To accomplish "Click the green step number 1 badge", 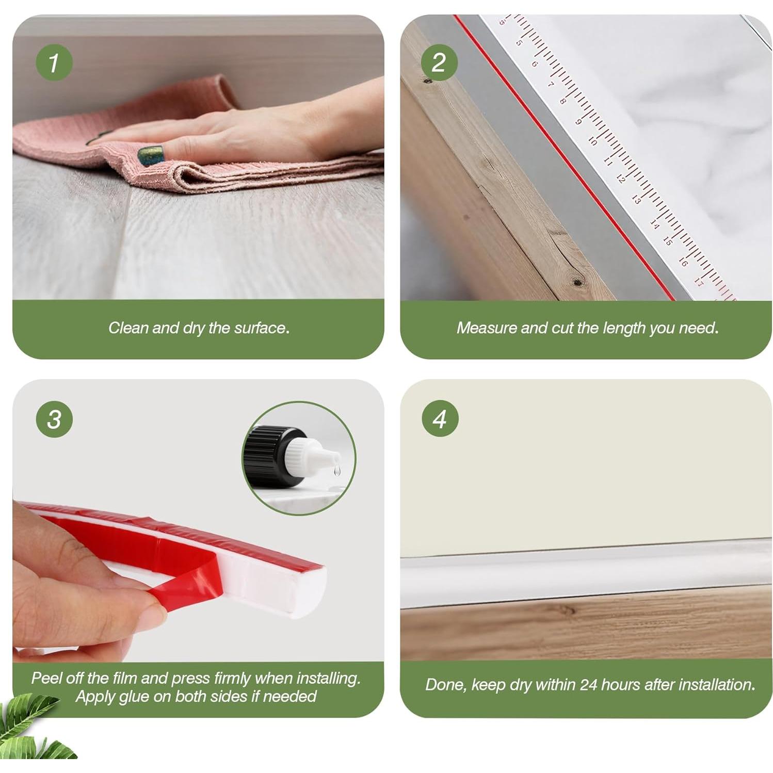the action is (x=54, y=63).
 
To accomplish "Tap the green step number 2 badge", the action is (x=439, y=63).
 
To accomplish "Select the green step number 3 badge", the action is (x=54, y=419).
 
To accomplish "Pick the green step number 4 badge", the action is (x=440, y=418).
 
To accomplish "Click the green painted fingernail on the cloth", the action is (x=151, y=155).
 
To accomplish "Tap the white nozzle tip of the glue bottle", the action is (x=330, y=458).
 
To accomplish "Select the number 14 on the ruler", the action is (x=654, y=223).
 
